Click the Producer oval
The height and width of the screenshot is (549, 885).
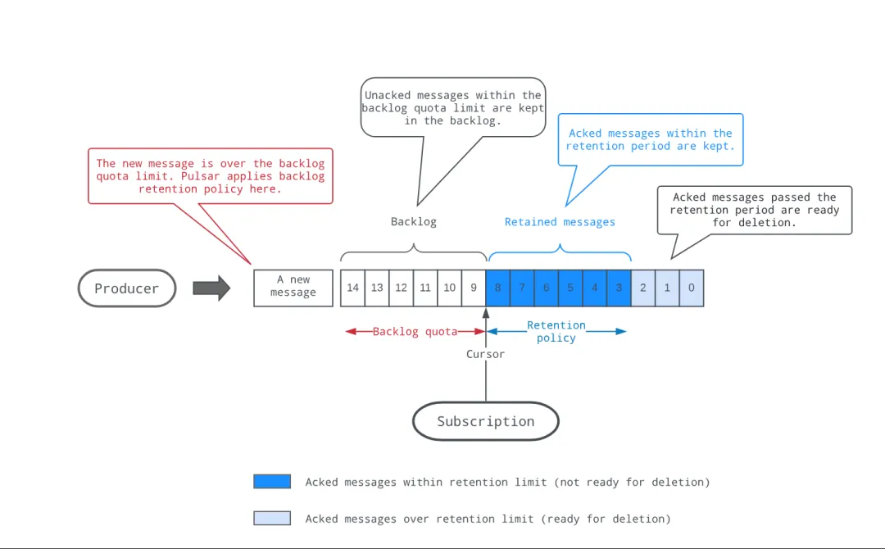pyautogui.click(x=127, y=288)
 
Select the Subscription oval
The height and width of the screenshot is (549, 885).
pyautogui.click(x=486, y=421)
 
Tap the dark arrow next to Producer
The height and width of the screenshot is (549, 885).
pyautogui.click(x=211, y=288)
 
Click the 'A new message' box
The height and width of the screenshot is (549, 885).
pyautogui.click(x=293, y=288)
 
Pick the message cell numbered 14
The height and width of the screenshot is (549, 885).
pyautogui.click(x=352, y=288)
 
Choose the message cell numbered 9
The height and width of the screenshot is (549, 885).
pyautogui.click(x=474, y=288)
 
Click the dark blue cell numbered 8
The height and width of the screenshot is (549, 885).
pyautogui.click(x=498, y=288)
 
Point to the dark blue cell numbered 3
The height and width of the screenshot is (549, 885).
pyautogui.click(x=619, y=288)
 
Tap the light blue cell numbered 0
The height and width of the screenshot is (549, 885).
pyautogui.click(x=692, y=288)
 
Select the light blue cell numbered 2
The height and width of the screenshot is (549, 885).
pyautogui.click(x=643, y=288)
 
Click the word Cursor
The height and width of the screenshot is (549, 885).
pyautogui.click(x=485, y=354)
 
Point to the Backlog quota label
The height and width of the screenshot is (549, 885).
pyautogui.click(x=415, y=332)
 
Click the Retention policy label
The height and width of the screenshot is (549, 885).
pyautogui.click(x=556, y=332)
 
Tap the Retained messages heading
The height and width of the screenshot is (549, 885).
pyautogui.click(x=560, y=222)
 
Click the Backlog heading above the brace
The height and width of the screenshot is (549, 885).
pyautogui.click(x=414, y=222)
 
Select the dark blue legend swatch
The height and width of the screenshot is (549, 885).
pyautogui.click(x=272, y=481)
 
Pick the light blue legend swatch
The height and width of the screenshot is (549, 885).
pyautogui.click(x=272, y=518)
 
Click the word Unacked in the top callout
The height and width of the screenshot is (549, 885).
pyautogui.click(x=388, y=95)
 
